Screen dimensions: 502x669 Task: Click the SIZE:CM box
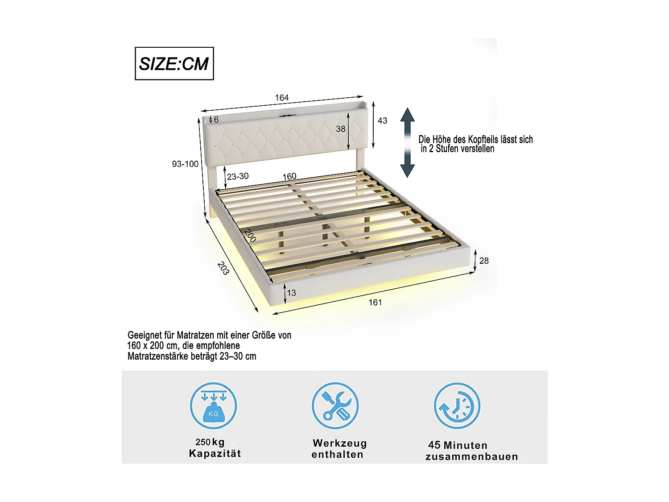click(x=174, y=63)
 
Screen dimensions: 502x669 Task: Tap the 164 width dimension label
click(x=282, y=98)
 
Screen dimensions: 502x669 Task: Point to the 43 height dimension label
click(x=382, y=120)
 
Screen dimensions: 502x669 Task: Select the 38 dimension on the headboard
click(x=341, y=129)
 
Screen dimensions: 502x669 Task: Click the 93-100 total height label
click(x=185, y=164)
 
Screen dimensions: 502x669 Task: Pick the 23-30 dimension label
click(x=238, y=176)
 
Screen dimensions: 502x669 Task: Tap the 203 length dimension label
click(x=223, y=268)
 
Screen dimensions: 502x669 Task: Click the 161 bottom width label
click(x=375, y=303)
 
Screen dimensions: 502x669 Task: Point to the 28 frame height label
click(x=484, y=261)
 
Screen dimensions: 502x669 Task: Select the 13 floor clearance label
click(x=291, y=293)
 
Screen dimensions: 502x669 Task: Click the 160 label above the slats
click(x=289, y=176)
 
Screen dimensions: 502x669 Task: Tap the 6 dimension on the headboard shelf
click(x=216, y=120)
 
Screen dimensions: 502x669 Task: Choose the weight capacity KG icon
click(x=213, y=406)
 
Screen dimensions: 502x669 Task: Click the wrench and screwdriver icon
click(x=335, y=406)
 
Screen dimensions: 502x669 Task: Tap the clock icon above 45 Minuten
click(x=457, y=406)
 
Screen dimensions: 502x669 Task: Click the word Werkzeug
click(x=340, y=443)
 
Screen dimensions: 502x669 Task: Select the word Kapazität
click(x=215, y=453)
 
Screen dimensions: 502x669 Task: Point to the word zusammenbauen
click(x=471, y=456)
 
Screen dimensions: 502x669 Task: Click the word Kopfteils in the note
click(x=475, y=140)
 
